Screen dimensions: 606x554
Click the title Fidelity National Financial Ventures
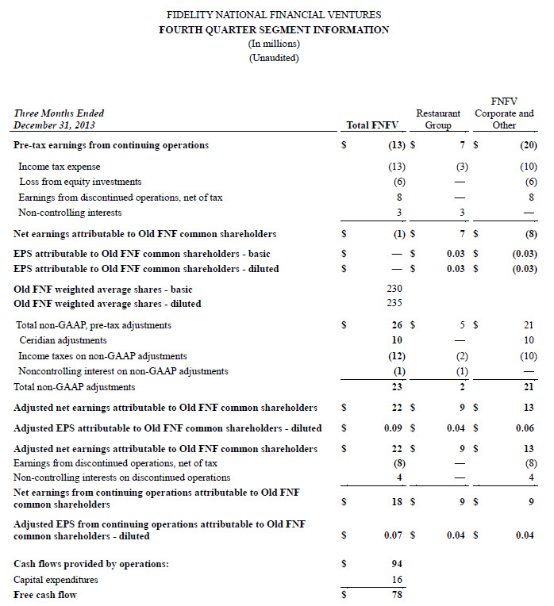pyautogui.click(x=274, y=15)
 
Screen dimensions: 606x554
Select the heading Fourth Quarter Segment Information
pyautogui.click(x=274, y=29)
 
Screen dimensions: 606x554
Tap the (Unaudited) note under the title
pyautogui.click(x=274, y=57)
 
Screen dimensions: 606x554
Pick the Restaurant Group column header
pyautogui.click(x=438, y=120)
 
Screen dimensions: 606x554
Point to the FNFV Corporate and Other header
pyautogui.click(x=504, y=114)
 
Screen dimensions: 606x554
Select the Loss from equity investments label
pyautogui.click(x=69, y=182)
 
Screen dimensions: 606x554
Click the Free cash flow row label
pyautogui.click(x=45, y=595)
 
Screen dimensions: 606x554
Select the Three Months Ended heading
pyautogui.click(x=59, y=113)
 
